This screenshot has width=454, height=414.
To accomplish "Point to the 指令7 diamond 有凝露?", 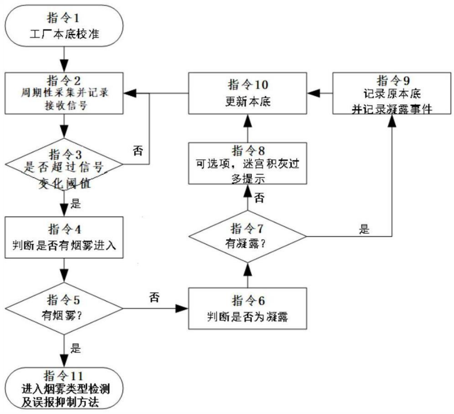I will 247,236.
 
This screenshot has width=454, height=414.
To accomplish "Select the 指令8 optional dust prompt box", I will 247,163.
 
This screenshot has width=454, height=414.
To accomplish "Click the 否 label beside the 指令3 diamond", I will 138,151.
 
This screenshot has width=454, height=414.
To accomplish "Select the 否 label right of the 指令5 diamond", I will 155,297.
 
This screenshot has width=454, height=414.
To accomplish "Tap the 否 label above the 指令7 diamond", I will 259,197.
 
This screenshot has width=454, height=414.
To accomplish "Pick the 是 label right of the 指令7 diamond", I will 364,230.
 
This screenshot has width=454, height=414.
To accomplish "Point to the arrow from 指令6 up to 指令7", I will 247,276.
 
